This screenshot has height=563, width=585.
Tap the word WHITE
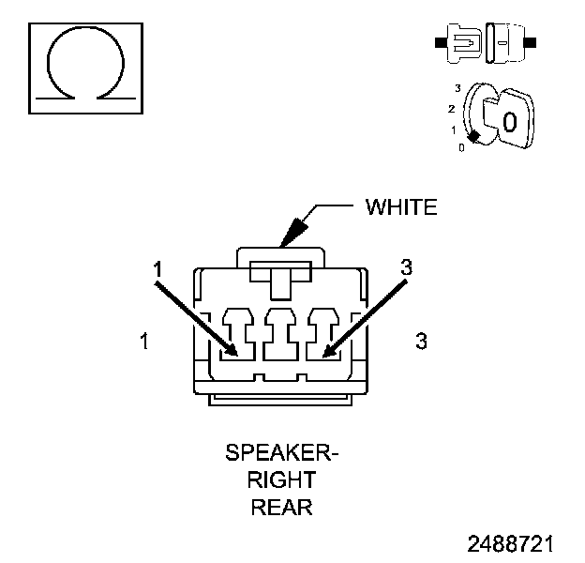click(400, 207)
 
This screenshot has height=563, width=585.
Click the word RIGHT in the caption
click(281, 481)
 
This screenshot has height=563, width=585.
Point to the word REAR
click(281, 509)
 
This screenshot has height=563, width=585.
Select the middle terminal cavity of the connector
click(281, 335)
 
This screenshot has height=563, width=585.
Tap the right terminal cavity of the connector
click(321, 335)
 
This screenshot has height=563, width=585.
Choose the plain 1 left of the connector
click(143, 342)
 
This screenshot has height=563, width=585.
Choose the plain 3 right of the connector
click(421, 342)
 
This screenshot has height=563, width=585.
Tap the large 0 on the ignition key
click(509, 121)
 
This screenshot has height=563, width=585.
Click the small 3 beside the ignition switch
click(457, 87)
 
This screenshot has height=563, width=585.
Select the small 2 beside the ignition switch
click(453, 108)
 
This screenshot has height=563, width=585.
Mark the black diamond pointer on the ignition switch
click(475, 137)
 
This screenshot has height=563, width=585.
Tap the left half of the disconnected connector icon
click(460, 43)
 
